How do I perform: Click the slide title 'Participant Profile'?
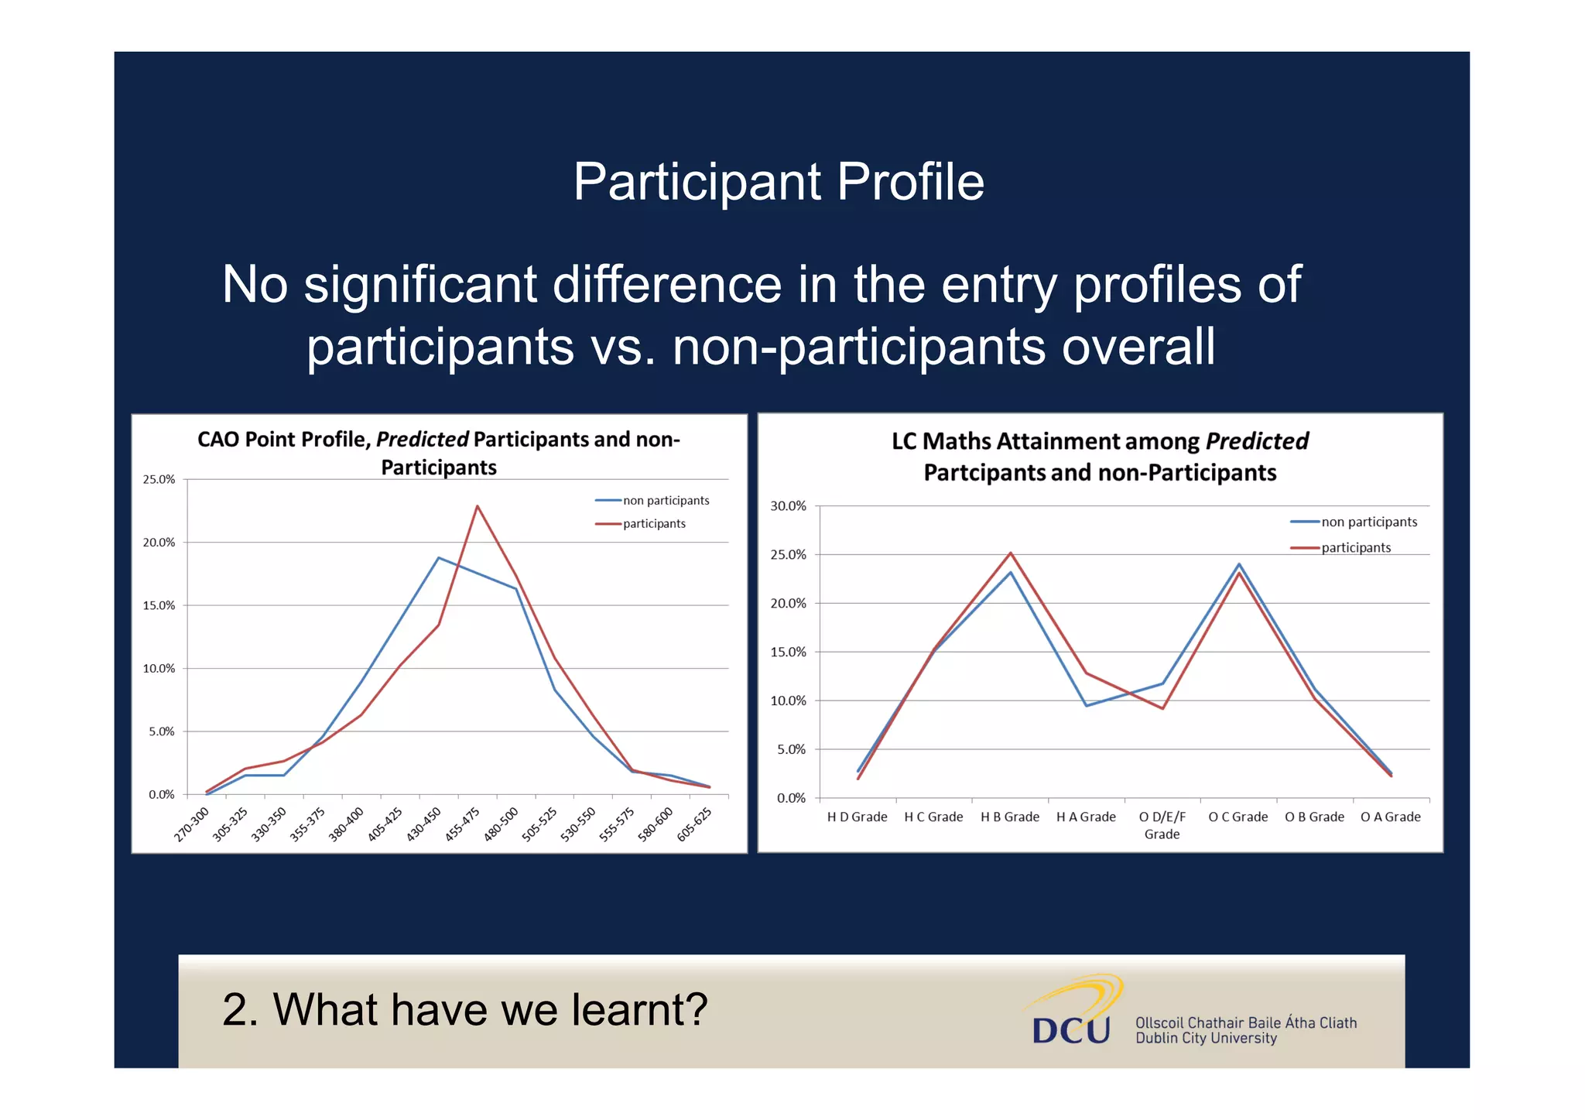tap(778, 183)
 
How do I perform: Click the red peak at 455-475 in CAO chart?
tap(478, 506)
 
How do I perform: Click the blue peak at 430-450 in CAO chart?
tap(439, 557)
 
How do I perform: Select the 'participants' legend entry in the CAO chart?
tap(653, 524)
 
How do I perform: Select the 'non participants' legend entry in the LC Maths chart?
tap(1368, 522)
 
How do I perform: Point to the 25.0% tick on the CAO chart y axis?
tap(159, 480)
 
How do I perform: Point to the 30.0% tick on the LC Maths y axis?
tap(788, 506)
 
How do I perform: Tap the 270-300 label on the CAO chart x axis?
tap(192, 824)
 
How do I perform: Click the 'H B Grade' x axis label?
tap(1010, 817)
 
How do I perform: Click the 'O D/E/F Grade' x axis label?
tap(1162, 825)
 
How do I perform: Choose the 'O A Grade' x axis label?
tap(1390, 817)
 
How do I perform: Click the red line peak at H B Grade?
tap(1010, 553)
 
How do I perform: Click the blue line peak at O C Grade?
tap(1238, 564)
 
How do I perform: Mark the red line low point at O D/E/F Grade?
tap(1162, 708)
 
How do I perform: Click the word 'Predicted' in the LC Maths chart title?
tap(1257, 441)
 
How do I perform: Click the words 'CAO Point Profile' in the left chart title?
tap(283, 440)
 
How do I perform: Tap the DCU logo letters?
tap(1071, 1030)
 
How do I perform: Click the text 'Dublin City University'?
tap(1206, 1039)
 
